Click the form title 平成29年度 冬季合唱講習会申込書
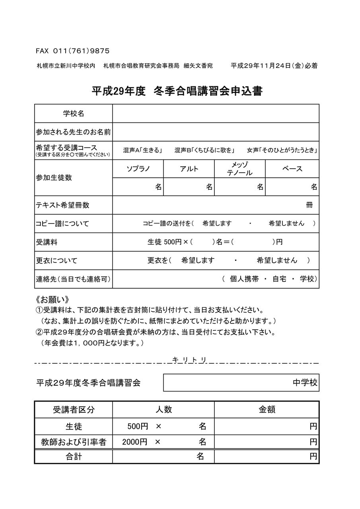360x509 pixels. tap(177, 91)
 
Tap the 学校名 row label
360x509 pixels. tap(74, 114)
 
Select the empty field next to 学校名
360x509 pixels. tap(216, 114)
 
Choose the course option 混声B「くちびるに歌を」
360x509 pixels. tap(204, 151)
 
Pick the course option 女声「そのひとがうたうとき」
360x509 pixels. tap(282, 151)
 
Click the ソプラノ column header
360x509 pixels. tap(138, 169)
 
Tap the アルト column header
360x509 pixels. tap(189, 169)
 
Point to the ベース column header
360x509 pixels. tap(292, 169)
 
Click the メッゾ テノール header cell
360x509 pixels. tap(239, 169)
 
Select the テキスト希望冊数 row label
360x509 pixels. tap(62, 205)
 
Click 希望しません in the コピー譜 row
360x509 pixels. tap(286, 223)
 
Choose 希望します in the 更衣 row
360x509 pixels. tap(198, 260)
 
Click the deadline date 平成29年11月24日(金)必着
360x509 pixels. tap(274, 66)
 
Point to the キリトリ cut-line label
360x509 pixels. tap(189, 360)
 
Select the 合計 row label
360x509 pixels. tap(74, 457)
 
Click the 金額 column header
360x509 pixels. tap(267, 410)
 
